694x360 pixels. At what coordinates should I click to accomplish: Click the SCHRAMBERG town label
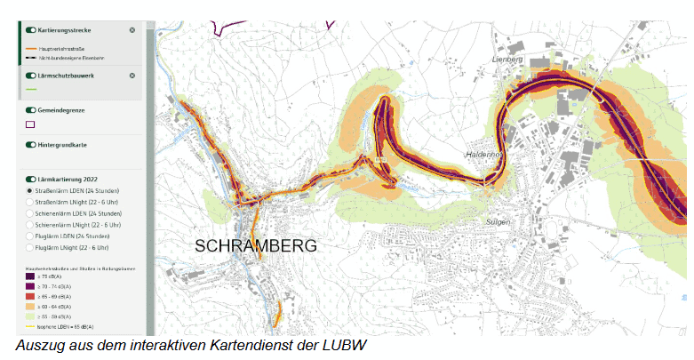(255, 244)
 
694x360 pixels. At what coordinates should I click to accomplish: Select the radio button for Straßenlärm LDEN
(30, 191)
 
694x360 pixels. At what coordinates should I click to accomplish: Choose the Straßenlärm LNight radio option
(30, 203)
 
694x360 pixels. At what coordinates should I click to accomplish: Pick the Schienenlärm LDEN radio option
(30, 214)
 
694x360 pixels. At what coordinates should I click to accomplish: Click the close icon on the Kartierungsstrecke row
(132, 30)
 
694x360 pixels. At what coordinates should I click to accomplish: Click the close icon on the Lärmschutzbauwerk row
(132, 76)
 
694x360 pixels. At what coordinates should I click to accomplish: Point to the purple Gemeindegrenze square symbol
(30, 124)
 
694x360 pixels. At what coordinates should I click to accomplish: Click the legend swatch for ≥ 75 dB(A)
(31, 277)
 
